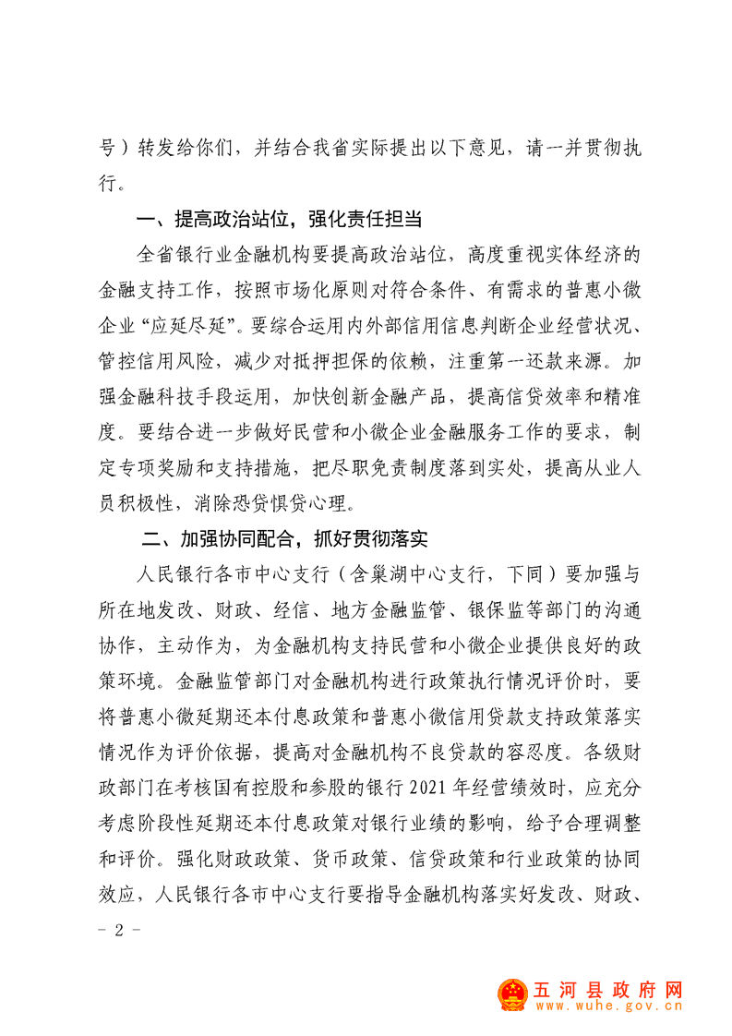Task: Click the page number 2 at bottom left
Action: point(118,929)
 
